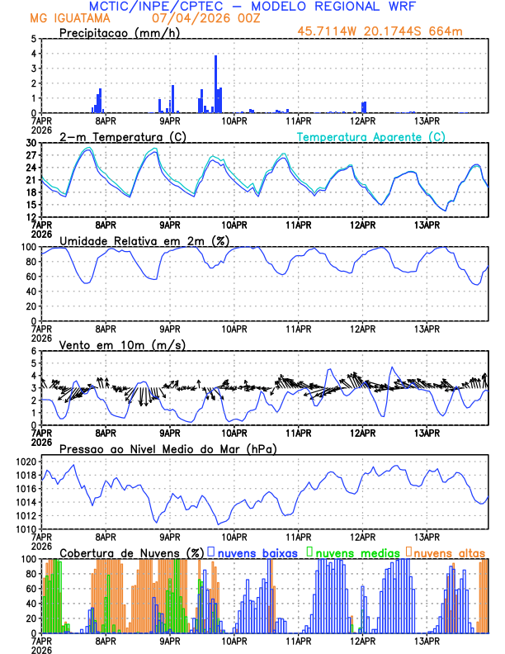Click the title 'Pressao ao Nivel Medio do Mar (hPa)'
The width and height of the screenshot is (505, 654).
(x=168, y=448)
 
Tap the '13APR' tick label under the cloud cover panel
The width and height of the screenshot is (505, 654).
(x=426, y=640)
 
